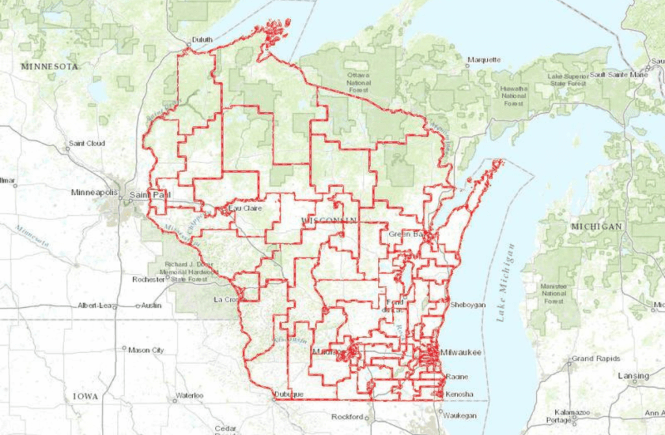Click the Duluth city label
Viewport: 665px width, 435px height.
tap(202, 40)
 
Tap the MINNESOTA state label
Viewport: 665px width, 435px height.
tap(49, 66)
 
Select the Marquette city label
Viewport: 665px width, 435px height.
tap(484, 60)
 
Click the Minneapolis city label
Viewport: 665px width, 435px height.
tap(94, 193)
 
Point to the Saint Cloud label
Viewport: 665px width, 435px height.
tap(86, 143)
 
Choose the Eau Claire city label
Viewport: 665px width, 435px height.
tap(244, 208)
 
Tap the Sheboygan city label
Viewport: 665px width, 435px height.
tap(468, 304)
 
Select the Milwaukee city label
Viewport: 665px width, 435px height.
tap(460, 352)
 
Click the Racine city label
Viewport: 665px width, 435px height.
tap(457, 377)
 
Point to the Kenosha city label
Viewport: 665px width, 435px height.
tap(459, 394)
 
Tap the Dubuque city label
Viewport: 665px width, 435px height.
tap(288, 394)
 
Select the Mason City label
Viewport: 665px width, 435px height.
tap(146, 350)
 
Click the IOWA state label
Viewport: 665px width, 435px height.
tap(85, 396)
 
